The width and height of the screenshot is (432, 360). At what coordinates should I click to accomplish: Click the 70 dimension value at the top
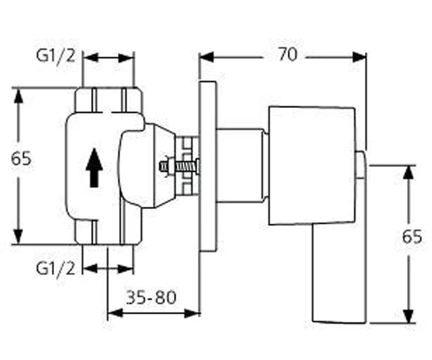coord(287,55)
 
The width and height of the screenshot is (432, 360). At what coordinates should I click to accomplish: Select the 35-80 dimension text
coord(150,297)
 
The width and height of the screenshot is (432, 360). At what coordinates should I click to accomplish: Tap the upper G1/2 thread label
coord(55,56)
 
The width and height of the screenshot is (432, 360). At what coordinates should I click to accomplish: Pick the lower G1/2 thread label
coord(55,269)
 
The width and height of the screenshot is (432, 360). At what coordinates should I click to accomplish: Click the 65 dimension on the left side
coord(21,158)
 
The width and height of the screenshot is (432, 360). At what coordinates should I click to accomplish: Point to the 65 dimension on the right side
coord(412,236)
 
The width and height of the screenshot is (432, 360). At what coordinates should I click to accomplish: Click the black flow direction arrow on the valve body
coord(94,168)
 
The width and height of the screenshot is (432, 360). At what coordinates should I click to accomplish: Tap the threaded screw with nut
coord(179,166)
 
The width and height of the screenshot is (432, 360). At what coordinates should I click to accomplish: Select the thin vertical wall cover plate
coord(208,166)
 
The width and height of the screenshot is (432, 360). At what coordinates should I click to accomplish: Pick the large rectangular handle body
coord(312,166)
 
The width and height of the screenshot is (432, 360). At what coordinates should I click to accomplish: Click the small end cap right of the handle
coord(361,166)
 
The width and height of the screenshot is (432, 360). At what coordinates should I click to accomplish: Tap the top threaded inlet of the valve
coord(109,99)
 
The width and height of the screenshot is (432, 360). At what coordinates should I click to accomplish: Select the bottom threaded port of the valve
coord(109,232)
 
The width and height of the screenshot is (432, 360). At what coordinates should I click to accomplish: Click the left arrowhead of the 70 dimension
coord(207,58)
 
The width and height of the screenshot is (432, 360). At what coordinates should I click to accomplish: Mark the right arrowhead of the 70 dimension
coord(359,58)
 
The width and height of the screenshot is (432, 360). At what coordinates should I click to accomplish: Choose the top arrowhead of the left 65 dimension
coord(19,96)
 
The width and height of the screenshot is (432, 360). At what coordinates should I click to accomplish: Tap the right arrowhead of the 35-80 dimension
coord(192,313)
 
